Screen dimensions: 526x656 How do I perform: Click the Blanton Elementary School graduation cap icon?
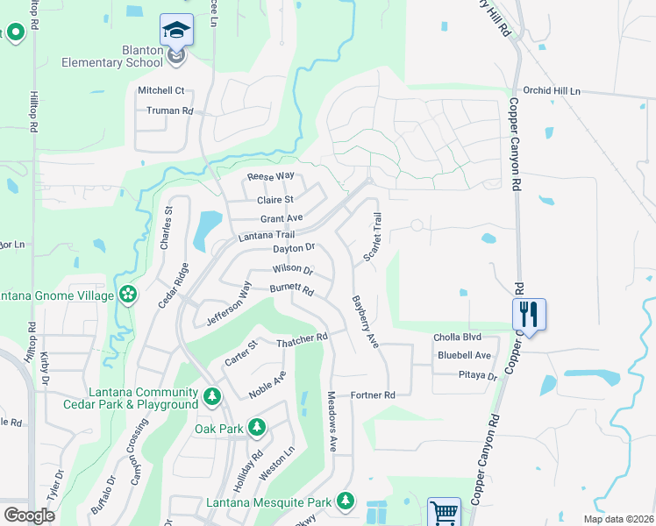click(x=177, y=30)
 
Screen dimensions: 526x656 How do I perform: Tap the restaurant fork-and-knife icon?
click(x=529, y=313)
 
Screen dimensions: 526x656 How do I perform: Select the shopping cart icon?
click(x=444, y=513)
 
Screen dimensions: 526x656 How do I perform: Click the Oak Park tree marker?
click(x=256, y=428)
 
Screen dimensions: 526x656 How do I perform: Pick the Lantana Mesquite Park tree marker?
click(x=346, y=501)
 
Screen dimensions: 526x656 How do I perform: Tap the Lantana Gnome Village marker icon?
click(x=129, y=295)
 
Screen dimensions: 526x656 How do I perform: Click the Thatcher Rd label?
click(x=302, y=338)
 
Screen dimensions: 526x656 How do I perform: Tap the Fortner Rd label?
click(x=373, y=395)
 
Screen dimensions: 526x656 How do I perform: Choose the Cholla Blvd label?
click(x=458, y=338)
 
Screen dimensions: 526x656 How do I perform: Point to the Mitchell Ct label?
click(x=161, y=90)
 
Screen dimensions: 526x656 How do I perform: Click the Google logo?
click(x=29, y=515)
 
